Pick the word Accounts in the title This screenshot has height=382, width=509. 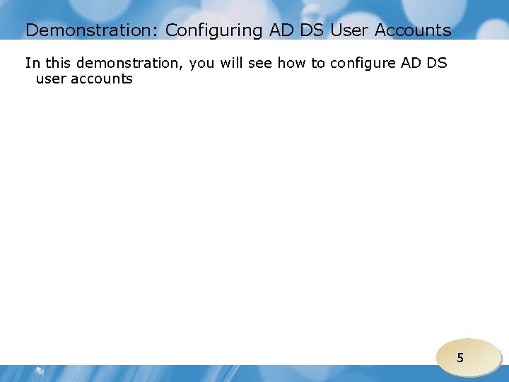tap(413, 30)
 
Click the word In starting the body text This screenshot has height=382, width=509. tap(33, 63)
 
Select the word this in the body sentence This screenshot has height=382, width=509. tap(59, 63)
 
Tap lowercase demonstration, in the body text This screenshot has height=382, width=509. tap(130, 63)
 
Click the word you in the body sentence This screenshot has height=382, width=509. tap(202, 64)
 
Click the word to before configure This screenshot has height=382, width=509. tap(318, 63)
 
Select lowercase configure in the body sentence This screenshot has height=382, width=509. tap(363, 64)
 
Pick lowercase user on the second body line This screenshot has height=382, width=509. tap(50, 79)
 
